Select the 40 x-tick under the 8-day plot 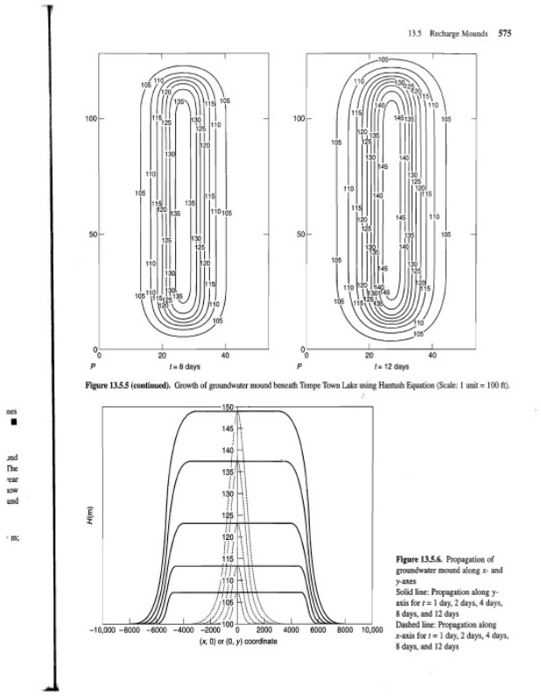[x=226, y=356]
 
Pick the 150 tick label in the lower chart [x=229, y=408]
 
